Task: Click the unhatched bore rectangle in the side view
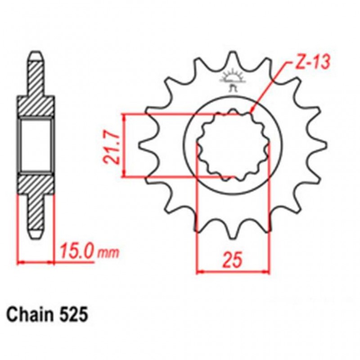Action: (36, 144)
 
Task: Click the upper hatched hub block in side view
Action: (36, 106)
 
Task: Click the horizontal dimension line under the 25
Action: (234, 271)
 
